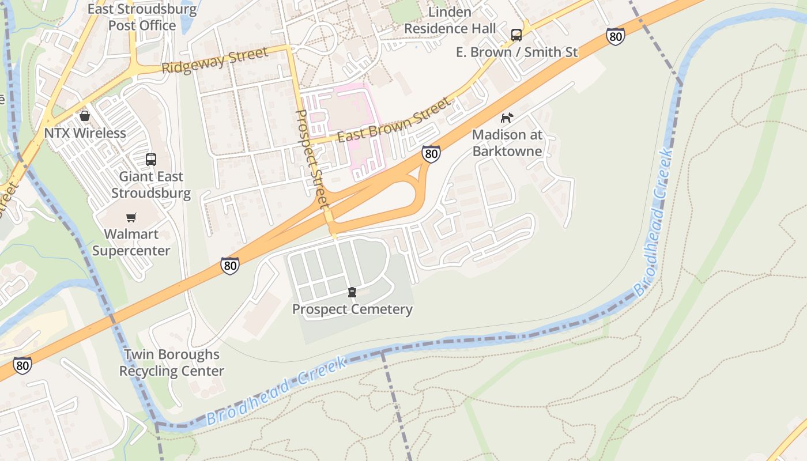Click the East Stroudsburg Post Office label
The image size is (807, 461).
pos(142,17)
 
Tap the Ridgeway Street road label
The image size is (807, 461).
pos(214,60)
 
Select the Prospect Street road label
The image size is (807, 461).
pos(312,160)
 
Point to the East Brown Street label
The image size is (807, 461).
pos(393,120)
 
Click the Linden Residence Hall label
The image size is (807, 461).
pos(450,20)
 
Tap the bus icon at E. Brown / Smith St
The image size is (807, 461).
pos(516,35)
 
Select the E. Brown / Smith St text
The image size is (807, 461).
pos(516,52)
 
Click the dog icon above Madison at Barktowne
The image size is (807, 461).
pos(507,118)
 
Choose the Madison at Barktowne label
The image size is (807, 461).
pos(507,143)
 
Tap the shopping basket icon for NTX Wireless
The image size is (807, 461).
pos(85,116)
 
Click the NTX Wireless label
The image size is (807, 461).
pos(85,133)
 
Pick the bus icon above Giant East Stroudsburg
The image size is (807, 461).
pos(151,160)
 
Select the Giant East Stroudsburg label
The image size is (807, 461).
pos(151,184)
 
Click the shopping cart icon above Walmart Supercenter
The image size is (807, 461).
pos(131,217)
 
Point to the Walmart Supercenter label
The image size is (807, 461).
pos(131,243)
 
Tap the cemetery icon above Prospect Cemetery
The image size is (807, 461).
pos(352,292)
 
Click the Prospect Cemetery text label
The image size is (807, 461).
pos(352,309)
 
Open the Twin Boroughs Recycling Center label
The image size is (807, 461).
pos(172,362)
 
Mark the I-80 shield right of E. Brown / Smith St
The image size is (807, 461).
pos(615,37)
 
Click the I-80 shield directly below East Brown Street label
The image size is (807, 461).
pos(431,153)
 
